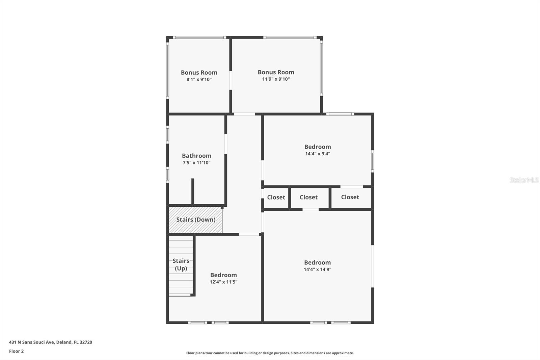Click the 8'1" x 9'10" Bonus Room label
[199, 73]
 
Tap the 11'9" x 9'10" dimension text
[276, 79]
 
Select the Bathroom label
[196, 156]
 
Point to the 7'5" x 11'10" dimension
[196, 163]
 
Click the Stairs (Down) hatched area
[195, 220]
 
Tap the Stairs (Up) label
[181, 264]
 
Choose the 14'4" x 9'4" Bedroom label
[317, 147]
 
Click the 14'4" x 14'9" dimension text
[317, 269]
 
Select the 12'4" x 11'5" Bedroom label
[223, 275]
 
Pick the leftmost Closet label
[276, 198]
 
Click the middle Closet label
[308, 198]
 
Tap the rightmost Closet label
[350, 197]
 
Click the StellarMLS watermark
[524, 180]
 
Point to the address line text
[51, 342]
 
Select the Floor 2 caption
[16, 351]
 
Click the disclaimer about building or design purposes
[270, 353]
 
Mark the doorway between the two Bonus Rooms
[231, 80]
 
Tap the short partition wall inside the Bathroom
[193, 191]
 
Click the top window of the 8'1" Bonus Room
[199, 37]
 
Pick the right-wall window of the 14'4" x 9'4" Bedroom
[373, 161]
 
